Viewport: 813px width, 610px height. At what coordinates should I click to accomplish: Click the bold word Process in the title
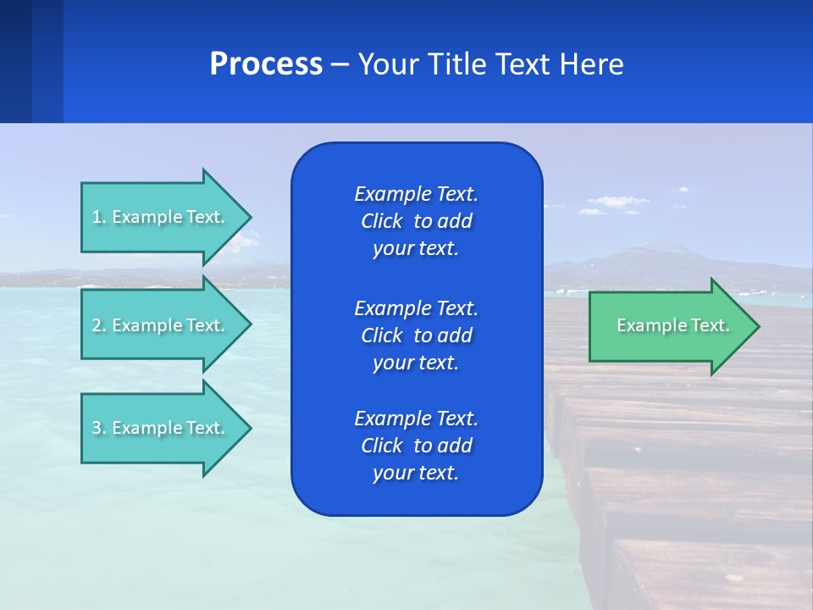point(266,64)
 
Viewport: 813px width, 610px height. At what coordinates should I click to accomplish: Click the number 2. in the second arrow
point(99,325)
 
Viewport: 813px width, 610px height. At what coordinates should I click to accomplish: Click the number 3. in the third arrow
point(99,428)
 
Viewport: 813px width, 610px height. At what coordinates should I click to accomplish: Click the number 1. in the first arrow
point(99,217)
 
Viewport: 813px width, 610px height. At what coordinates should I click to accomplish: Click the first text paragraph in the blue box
point(416,221)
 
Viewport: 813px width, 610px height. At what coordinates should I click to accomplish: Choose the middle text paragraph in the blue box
point(416,335)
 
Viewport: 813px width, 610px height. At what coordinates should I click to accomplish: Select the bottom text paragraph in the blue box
point(416,446)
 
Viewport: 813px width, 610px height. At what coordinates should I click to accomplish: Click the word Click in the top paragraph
point(381,221)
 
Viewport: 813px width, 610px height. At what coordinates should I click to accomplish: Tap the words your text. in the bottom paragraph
point(416,473)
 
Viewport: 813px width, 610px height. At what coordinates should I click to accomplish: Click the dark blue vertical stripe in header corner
point(15,61)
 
